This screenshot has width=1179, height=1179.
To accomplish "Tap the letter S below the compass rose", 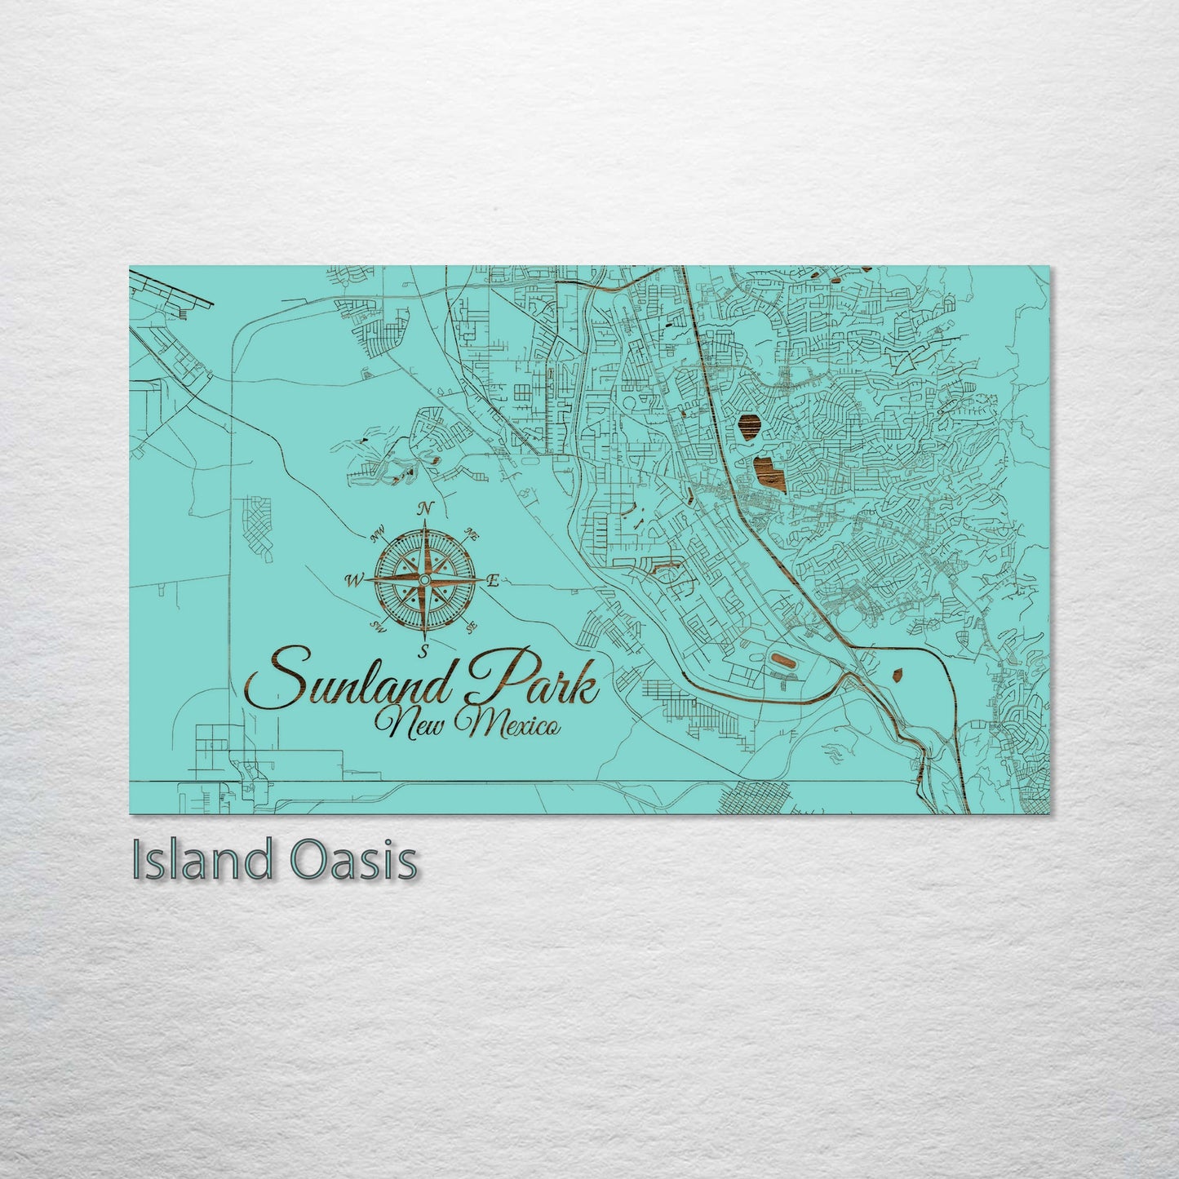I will click(x=423, y=651).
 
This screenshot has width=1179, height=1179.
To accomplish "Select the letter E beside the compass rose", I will click(x=493, y=581).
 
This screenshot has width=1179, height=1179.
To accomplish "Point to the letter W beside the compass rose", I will click(x=353, y=581).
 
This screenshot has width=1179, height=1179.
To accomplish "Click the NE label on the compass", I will click(x=471, y=534).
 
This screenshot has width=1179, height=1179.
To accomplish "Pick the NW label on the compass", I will click(x=377, y=536).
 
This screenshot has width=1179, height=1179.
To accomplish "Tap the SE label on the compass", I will click(x=471, y=627).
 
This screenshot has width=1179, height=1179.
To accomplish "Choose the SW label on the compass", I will click(x=378, y=627).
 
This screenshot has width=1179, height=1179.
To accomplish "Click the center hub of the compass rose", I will click(x=423, y=579).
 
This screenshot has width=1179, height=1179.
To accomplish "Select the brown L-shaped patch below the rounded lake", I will click(x=766, y=471).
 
